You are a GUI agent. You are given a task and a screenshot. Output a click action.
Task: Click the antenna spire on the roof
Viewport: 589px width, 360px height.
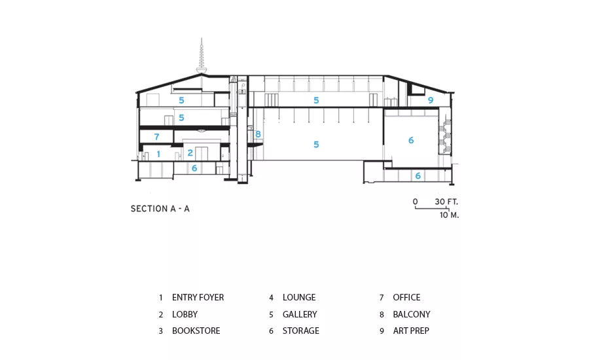[x=202, y=56]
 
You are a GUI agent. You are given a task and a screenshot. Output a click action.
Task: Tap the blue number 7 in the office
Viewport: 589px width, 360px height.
[x=156, y=137]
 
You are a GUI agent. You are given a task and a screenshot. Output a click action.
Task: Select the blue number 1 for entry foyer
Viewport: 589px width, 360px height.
[x=158, y=154]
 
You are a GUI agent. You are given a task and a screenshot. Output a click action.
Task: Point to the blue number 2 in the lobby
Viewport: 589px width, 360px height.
[x=190, y=153]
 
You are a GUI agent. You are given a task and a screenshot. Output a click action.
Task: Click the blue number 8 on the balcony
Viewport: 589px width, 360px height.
[x=258, y=134]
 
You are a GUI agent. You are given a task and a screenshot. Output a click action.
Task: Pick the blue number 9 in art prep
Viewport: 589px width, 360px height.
[x=431, y=100]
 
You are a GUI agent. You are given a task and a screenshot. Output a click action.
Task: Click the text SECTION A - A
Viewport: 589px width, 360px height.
[x=160, y=209]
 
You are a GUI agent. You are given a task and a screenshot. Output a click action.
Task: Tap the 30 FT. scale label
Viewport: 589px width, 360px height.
[x=446, y=202]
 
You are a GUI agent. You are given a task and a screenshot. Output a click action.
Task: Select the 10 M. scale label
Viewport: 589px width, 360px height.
[x=449, y=215]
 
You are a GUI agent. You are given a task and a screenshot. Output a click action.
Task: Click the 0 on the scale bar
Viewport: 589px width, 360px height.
[x=415, y=202]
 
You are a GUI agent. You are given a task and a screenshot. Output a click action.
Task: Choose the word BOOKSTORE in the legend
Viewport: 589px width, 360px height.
[x=196, y=331]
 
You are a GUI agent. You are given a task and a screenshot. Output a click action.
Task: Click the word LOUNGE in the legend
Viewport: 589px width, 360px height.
[x=299, y=297]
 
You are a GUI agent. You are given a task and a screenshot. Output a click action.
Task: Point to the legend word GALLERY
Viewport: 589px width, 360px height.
[x=300, y=314]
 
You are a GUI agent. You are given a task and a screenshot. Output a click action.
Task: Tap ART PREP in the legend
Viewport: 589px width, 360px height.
[x=411, y=331]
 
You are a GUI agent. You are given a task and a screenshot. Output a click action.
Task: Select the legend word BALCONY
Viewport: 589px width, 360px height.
[x=412, y=314]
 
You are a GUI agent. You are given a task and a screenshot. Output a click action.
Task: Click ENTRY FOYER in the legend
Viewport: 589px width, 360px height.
[x=198, y=297]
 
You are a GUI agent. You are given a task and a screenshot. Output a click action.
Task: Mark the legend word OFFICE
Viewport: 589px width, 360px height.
[x=406, y=297]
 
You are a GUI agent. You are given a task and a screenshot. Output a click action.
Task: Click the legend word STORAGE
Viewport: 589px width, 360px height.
[x=301, y=331]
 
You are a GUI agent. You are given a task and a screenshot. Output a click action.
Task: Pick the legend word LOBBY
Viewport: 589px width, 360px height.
[x=185, y=314]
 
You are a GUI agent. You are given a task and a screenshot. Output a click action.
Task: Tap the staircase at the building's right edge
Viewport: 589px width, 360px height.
[x=445, y=136]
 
